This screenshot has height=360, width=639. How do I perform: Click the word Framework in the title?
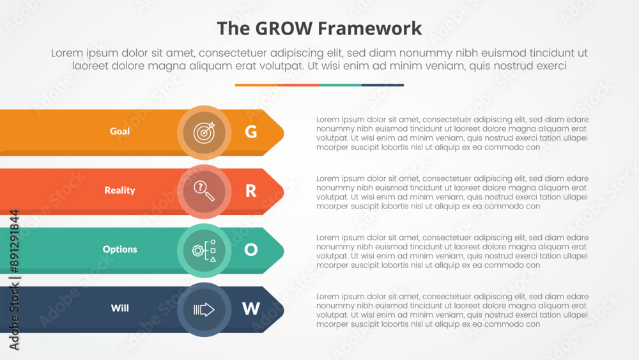coord(369,29)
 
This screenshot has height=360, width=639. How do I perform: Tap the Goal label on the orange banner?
coord(119,131)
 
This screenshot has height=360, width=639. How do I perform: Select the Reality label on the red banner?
coord(119,191)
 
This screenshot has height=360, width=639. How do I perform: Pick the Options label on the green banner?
coord(119,249)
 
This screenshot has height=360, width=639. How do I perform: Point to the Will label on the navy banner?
coord(119,308)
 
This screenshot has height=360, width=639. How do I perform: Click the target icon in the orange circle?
coord(204,132)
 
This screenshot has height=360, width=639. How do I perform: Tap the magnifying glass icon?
coord(204,191)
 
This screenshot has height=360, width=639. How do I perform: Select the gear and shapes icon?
coord(204,250)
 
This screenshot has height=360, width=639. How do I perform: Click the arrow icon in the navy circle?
coord(204,309)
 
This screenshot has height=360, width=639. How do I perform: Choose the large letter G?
coord(250,132)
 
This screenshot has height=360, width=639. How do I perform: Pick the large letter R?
coord(250,191)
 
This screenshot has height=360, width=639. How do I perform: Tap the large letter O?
coord(250,249)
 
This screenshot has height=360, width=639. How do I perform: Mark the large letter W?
coord(250,309)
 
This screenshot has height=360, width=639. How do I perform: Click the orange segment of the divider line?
coord(256,85)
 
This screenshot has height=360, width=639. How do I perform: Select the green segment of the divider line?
coord(341,85)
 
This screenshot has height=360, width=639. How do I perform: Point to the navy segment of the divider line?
coord(383,85)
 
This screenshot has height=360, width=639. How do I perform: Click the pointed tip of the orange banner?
coord(284,133)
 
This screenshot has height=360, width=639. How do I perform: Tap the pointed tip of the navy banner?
coord(284,310)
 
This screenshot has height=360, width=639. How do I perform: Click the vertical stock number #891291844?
coord(14,241)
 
